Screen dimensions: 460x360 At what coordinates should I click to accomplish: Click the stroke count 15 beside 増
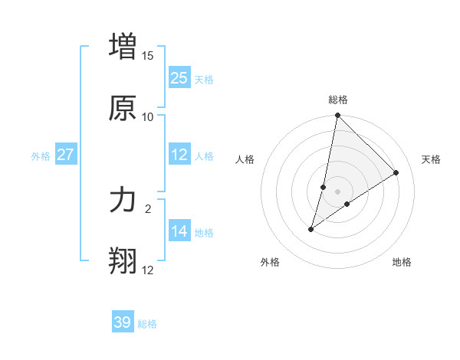pos(148,56)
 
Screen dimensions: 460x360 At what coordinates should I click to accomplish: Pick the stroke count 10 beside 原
pos(148,117)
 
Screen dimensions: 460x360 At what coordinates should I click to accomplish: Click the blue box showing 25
pos(179,77)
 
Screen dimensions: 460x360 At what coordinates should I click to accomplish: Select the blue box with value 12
pos(179,155)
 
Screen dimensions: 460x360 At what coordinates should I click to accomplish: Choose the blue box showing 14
pos(179,231)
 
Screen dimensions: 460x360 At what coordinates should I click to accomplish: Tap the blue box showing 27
pos(66,155)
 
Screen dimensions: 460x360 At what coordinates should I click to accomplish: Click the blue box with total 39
pos(123,322)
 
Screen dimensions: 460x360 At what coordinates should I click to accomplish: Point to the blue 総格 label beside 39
pos(148,324)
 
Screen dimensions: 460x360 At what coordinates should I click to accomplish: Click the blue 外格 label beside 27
pos(41,156)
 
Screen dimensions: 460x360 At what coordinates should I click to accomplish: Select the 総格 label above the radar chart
pos(338,100)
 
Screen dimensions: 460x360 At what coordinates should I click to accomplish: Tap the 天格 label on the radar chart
pos(431,159)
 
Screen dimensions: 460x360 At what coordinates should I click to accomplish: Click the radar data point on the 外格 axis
pos(311,229)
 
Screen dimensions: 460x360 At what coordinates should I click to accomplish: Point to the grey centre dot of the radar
pos(338,191)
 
